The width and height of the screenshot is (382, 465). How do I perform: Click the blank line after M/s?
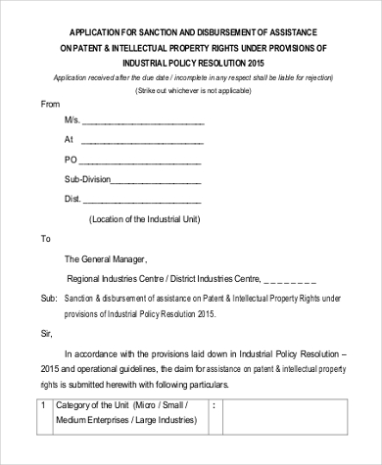[145, 122]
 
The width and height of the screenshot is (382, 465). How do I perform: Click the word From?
[50, 103]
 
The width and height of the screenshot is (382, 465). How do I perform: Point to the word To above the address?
[45, 239]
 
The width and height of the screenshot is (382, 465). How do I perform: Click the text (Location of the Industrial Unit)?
[144, 219]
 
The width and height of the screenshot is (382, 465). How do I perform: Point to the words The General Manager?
[105, 259]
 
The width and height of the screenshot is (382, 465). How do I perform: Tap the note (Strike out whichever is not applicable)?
[191, 89]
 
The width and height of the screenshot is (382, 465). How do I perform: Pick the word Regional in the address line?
[85, 278]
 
